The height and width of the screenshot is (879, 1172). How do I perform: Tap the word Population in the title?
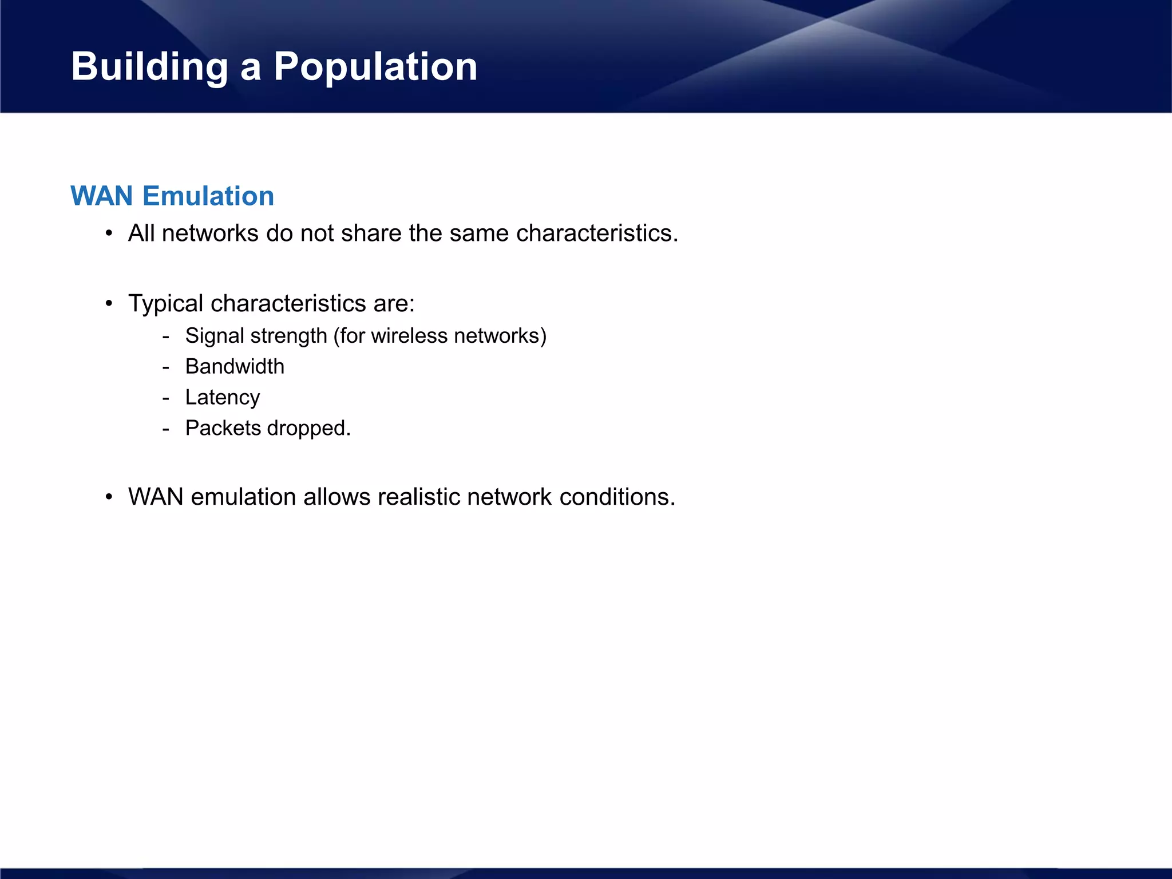click(375, 68)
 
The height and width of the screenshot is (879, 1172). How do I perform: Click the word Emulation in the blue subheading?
click(208, 196)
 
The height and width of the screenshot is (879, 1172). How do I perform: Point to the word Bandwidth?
click(235, 367)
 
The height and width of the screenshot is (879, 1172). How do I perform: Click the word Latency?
click(223, 398)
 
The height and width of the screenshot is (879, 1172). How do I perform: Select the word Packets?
click(223, 429)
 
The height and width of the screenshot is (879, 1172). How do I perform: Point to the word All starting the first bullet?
click(141, 233)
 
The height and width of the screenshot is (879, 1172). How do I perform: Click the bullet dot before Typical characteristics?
click(109, 304)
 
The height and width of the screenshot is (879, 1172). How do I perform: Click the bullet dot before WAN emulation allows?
click(109, 497)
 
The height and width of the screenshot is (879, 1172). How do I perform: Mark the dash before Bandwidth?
click(166, 367)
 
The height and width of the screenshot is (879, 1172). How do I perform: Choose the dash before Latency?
click(166, 398)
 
